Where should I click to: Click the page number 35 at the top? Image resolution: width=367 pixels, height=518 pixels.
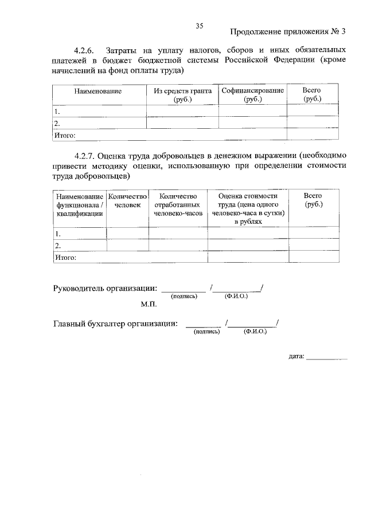(x=200, y=26)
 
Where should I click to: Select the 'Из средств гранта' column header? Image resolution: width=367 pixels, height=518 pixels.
(x=182, y=95)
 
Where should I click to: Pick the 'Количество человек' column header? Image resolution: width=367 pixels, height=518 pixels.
(x=127, y=200)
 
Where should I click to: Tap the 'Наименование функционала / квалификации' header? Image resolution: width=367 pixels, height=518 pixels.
(x=80, y=204)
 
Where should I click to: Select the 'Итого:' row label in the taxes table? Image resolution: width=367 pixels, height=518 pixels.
(x=65, y=135)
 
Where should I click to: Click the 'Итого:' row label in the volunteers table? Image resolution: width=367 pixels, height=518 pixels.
(x=65, y=258)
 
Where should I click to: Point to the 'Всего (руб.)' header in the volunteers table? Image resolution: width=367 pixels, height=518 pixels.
(x=313, y=200)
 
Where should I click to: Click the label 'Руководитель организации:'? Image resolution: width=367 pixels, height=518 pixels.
(x=105, y=288)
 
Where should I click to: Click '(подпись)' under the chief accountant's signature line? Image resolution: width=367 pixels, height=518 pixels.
(x=207, y=332)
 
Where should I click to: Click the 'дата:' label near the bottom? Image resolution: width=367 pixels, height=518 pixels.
(x=296, y=357)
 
